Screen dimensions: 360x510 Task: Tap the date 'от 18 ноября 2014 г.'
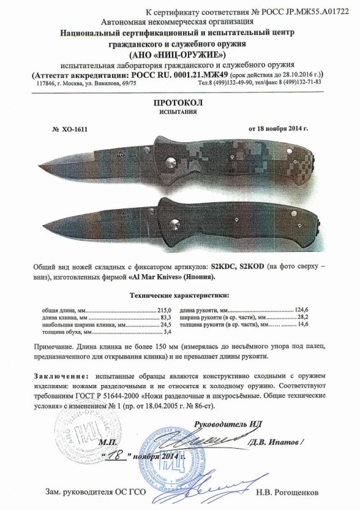tap(278, 128)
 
